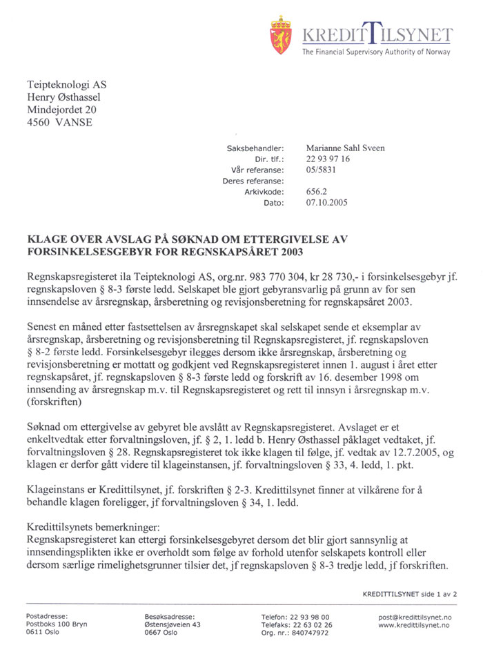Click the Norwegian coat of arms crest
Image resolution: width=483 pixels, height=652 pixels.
click(281, 36)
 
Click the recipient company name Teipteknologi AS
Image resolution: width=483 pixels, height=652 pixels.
click(67, 85)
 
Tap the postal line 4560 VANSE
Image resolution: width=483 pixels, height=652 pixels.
click(59, 123)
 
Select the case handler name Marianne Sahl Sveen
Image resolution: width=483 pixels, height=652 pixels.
click(346, 148)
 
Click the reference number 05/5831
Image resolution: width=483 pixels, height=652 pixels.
click(322, 170)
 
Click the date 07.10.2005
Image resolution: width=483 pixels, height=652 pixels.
click(326, 203)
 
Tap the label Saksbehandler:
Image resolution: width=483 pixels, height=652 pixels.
click(255, 148)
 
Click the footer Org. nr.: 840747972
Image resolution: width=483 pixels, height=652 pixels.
click(297, 633)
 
